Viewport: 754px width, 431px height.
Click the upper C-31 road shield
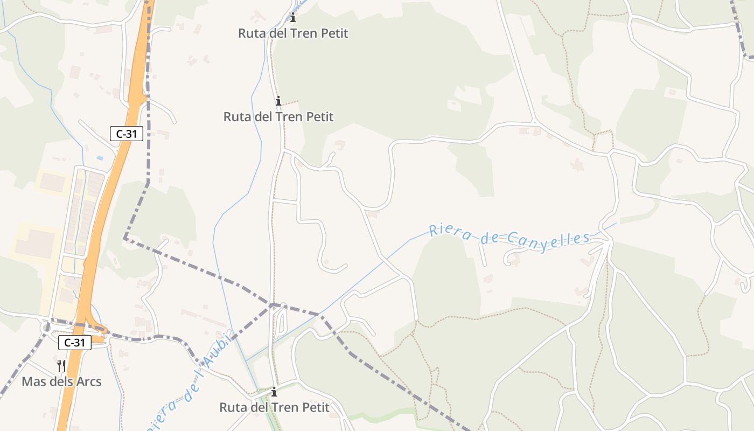click(x=127, y=134)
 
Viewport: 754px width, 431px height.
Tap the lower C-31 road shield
click(x=75, y=342)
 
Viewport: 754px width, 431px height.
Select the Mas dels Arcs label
click(x=61, y=382)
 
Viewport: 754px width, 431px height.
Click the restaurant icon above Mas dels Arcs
click(x=61, y=366)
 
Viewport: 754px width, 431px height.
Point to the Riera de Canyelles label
click(x=509, y=237)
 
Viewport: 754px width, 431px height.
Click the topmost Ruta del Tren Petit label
click(x=293, y=33)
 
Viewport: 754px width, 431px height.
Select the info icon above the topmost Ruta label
click(x=293, y=18)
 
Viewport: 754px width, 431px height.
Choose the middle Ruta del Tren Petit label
click(x=278, y=117)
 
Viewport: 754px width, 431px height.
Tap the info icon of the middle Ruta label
click(x=278, y=101)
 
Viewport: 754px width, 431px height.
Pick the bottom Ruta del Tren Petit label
click(x=274, y=407)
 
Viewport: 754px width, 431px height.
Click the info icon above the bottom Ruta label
click(x=274, y=392)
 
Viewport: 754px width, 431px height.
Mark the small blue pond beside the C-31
click(x=100, y=158)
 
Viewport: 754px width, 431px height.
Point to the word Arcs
click(x=89, y=382)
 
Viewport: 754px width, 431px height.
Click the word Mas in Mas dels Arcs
click(x=32, y=382)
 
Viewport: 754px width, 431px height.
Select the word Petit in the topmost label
click(x=334, y=33)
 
